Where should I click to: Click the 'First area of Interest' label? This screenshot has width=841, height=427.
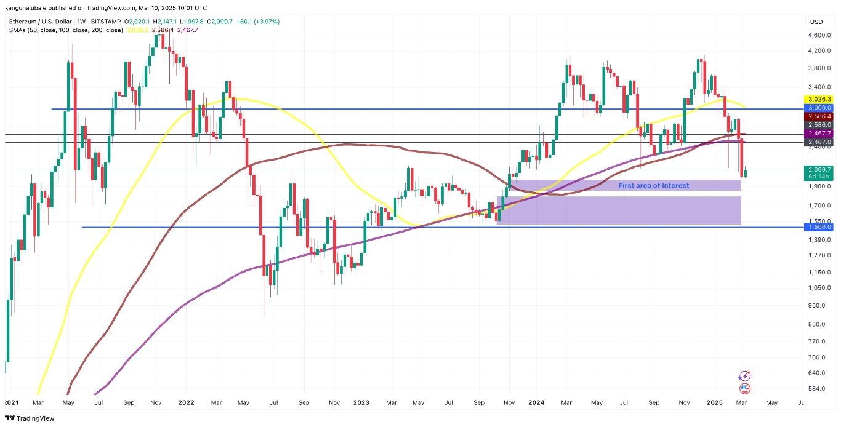point(653,185)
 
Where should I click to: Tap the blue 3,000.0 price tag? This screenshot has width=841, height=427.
point(818,108)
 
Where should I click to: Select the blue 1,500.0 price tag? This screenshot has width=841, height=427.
point(818,227)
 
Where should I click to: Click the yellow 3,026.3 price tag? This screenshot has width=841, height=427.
point(818,99)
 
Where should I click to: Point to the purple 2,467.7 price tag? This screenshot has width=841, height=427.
point(818,133)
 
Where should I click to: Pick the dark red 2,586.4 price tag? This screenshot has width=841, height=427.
point(818,116)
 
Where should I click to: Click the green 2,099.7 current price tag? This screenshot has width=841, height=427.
point(818,170)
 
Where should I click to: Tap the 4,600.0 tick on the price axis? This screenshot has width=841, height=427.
point(818,35)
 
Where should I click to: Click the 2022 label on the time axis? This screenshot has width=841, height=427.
point(186,402)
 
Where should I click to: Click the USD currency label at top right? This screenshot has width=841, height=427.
point(816,22)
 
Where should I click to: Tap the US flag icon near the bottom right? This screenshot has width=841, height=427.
point(745,389)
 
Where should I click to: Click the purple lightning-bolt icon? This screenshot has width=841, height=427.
point(745,376)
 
